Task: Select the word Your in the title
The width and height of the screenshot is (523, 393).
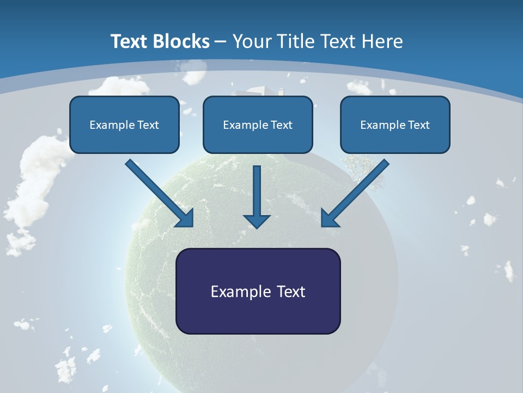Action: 251,41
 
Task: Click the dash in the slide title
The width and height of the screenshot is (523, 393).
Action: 221,41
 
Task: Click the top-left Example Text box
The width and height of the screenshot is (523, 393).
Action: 124,125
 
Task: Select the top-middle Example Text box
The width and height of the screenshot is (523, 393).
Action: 258,125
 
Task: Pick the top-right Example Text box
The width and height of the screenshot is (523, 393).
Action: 395,125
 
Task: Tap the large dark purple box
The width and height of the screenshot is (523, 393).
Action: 258,291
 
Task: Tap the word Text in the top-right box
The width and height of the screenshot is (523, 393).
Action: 418,125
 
